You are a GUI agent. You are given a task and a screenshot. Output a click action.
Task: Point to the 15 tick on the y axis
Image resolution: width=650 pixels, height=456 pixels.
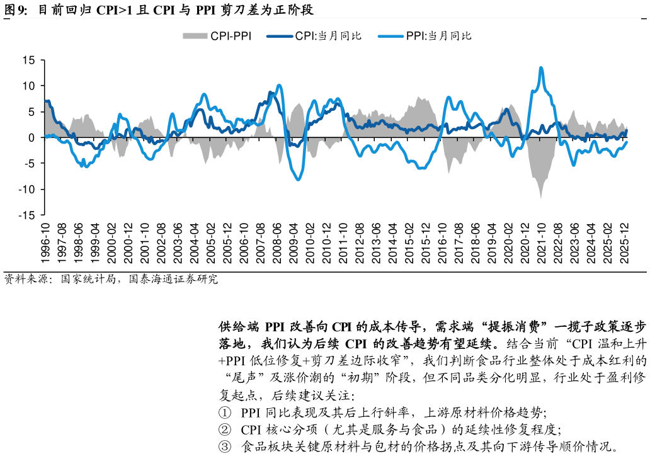28,60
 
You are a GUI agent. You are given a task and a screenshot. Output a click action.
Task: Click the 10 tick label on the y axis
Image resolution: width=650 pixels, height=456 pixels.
28,86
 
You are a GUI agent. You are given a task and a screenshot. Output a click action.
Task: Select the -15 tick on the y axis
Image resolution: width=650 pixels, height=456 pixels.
26,215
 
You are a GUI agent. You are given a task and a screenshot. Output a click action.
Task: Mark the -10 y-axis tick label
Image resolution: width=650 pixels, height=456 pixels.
26,190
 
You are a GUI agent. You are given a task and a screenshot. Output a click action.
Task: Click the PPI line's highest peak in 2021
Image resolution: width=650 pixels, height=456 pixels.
541,67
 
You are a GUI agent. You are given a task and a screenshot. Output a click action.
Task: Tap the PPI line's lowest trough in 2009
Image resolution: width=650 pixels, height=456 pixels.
298,180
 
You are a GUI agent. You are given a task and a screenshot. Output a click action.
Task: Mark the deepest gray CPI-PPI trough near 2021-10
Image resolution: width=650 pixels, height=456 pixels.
541,198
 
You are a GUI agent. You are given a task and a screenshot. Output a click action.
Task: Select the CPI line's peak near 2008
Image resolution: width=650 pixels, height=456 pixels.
270,93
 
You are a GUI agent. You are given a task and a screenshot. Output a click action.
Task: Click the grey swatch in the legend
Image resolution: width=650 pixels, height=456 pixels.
195,36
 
